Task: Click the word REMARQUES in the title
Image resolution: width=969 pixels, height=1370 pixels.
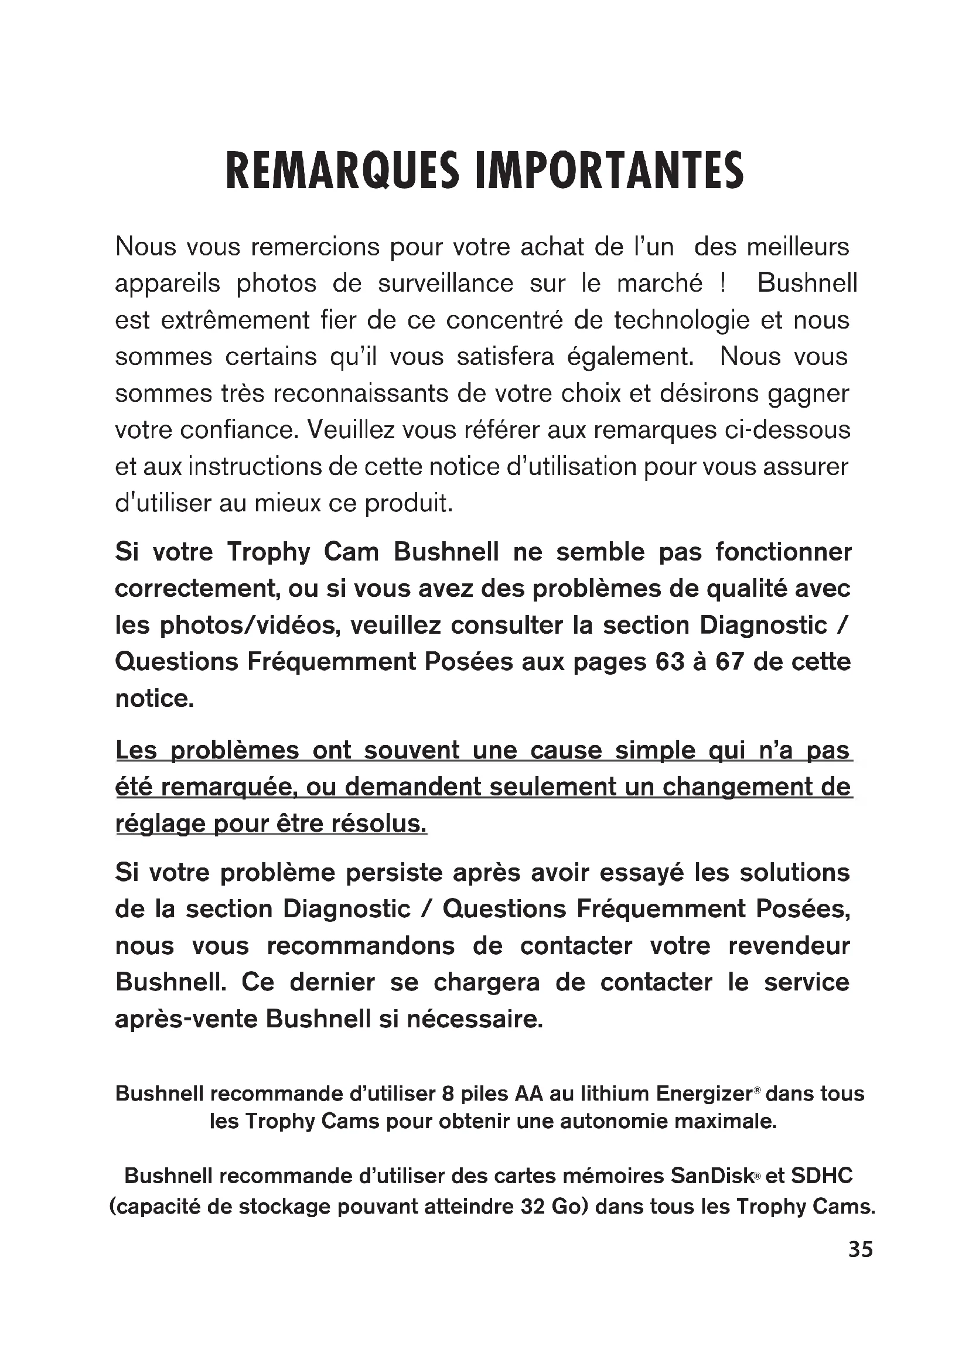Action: [x=342, y=171]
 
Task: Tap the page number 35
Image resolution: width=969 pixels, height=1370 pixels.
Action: [x=861, y=1249]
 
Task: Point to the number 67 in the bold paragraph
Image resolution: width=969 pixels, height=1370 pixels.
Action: [x=729, y=662]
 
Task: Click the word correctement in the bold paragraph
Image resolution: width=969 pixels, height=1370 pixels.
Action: [x=197, y=589]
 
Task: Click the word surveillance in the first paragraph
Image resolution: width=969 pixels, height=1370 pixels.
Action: [x=446, y=283]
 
